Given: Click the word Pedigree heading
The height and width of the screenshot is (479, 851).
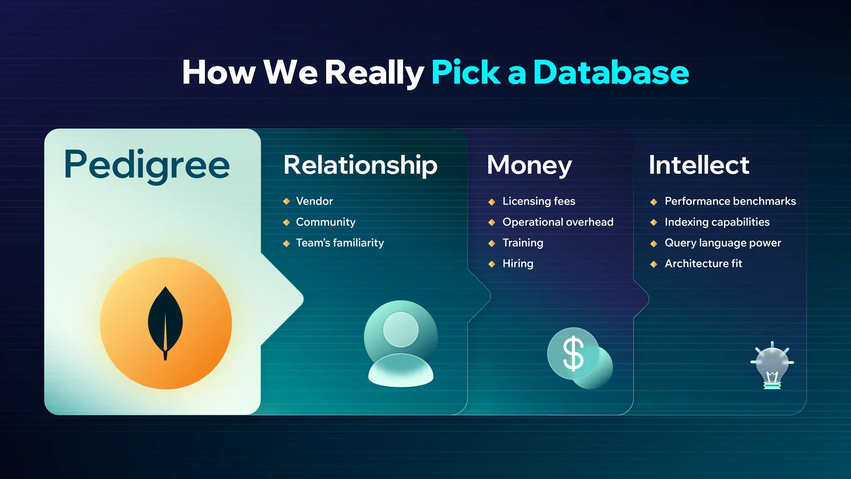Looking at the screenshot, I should [146, 165].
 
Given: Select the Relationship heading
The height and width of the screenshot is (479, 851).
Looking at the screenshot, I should [360, 165].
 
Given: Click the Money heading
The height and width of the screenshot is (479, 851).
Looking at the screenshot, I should [529, 165].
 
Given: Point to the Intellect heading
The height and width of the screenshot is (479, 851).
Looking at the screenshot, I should [699, 165].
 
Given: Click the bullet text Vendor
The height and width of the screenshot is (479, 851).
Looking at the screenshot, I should [314, 201].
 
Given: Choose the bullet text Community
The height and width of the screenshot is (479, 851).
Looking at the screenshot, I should [325, 222].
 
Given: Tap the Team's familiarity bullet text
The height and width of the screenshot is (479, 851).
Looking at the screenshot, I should [339, 243].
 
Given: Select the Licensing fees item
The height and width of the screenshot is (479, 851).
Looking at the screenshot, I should [539, 201].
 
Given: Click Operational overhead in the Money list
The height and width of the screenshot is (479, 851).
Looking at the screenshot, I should [558, 222].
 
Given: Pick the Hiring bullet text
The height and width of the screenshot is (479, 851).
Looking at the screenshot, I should [518, 264].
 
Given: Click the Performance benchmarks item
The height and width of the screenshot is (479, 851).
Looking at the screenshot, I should [730, 201].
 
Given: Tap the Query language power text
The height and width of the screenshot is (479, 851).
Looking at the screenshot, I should [723, 243].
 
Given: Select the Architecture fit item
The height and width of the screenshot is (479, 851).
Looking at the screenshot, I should [703, 264].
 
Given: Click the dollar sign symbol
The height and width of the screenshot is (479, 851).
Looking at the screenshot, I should [573, 353].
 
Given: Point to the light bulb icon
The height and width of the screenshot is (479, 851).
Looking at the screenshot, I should [772, 366].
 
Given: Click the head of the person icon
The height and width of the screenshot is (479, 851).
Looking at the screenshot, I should [401, 329].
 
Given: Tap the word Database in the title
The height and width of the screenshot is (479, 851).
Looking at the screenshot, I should [611, 73].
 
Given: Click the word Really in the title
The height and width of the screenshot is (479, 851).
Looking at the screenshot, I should [374, 73].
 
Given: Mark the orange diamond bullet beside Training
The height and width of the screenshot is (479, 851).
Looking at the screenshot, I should [492, 243].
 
